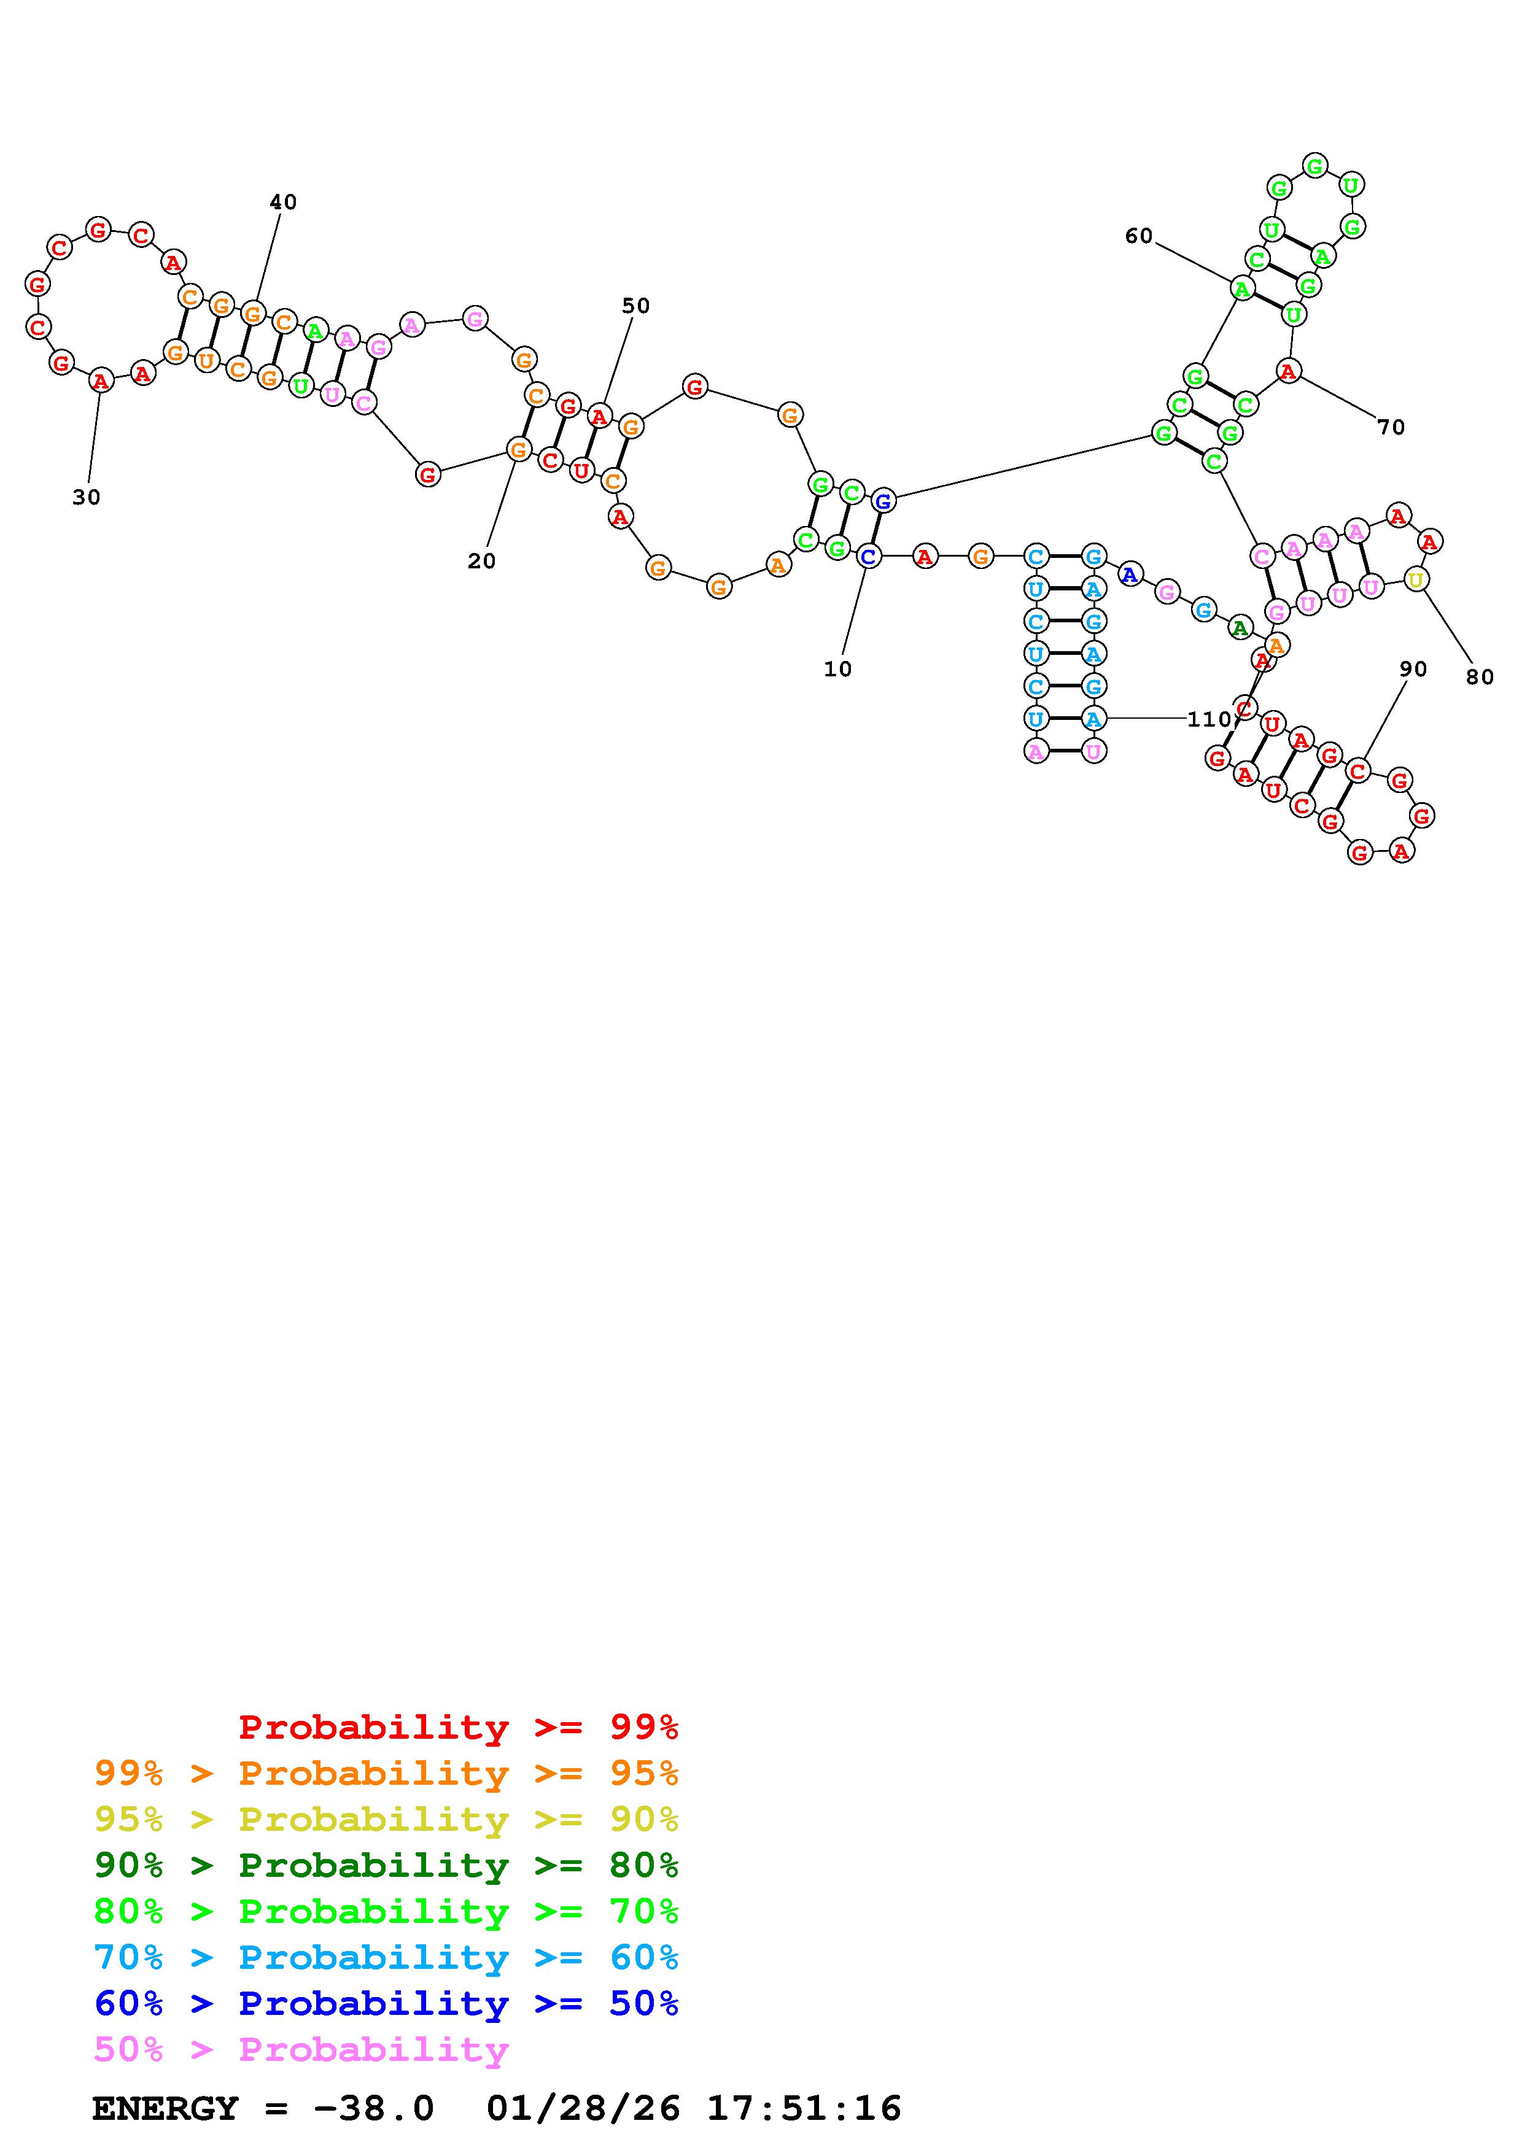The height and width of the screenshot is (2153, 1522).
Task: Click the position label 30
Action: (87, 498)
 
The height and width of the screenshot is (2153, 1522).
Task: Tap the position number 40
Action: (283, 203)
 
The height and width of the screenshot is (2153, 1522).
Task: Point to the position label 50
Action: (636, 306)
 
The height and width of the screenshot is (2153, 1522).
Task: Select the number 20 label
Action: (481, 562)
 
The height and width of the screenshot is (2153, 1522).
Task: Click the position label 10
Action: (837, 670)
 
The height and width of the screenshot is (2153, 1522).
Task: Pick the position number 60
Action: (1138, 236)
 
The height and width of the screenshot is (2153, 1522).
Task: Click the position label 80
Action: (1479, 677)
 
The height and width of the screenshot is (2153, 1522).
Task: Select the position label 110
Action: (1208, 719)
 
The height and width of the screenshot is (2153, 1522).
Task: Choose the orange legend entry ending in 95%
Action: (386, 1773)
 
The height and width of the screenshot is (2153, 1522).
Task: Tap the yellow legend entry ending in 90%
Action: (386, 1819)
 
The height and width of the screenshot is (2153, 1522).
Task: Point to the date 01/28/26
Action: (583, 2108)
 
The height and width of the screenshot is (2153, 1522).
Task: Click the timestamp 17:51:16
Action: (804, 2108)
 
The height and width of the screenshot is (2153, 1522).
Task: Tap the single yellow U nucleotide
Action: (1415, 581)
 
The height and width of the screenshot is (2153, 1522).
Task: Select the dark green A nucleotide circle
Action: (1240, 628)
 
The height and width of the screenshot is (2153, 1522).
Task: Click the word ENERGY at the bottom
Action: (165, 2108)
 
